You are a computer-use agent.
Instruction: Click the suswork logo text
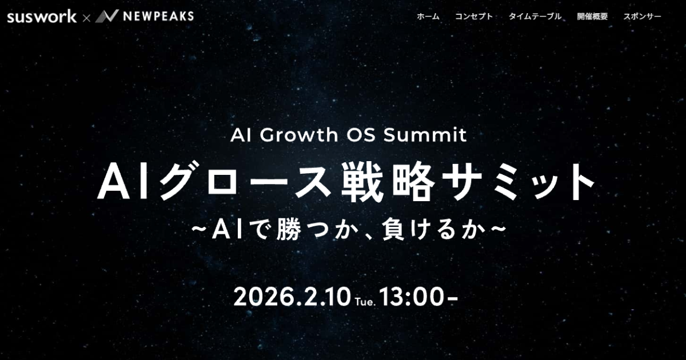tap(42, 17)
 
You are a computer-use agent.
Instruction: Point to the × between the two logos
tap(86, 18)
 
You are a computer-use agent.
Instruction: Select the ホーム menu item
tap(428, 17)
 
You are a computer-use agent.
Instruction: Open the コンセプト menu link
tap(473, 17)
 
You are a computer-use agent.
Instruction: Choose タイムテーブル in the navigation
tap(535, 17)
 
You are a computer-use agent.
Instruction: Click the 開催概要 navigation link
tap(592, 17)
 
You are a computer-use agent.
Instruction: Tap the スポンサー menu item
tap(642, 17)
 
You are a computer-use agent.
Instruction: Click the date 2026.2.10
tap(292, 297)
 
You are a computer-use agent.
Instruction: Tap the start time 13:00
tap(411, 297)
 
